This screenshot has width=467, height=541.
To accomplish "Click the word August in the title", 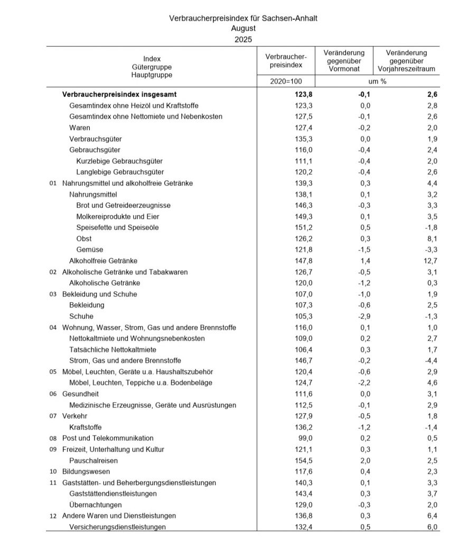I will (x=243, y=29).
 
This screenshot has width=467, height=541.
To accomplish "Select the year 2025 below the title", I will (x=243, y=39).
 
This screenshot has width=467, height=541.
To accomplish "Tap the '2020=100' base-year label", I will (x=286, y=82).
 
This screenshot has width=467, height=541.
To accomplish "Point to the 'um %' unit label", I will (x=377, y=82).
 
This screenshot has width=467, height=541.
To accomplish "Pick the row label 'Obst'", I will (x=84, y=238).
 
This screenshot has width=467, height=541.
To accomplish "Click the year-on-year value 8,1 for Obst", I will (x=434, y=238).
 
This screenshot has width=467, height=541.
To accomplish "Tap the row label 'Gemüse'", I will (x=90, y=249).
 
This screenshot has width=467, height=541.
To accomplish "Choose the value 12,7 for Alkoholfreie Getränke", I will (x=432, y=260).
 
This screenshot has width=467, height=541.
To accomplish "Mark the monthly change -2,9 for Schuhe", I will (x=365, y=316).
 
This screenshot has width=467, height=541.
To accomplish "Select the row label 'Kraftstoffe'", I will (x=86, y=427).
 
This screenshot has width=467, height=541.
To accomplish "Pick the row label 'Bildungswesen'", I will (x=86, y=471).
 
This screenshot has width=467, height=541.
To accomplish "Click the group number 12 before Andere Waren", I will (x=53, y=516).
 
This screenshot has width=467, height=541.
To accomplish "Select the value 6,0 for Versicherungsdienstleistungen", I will (x=434, y=527).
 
